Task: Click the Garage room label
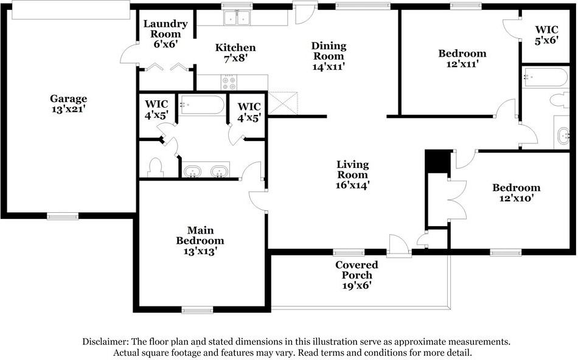coord(69,103)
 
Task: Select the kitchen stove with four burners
coord(229,82)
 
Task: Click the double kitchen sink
coord(237,18)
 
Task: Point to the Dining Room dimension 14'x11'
coord(329,67)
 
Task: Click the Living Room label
coord(353,170)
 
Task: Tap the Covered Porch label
coord(357,270)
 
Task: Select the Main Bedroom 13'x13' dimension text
coord(200,251)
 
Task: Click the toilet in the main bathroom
coord(155,168)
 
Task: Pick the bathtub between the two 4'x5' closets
coord(201,105)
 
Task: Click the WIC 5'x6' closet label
coord(547,35)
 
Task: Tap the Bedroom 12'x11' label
coord(462,58)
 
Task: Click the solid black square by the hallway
coord(437,161)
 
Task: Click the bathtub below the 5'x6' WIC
coord(546,77)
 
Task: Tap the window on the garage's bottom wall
coord(63,216)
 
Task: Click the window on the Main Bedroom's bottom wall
coord(197,310)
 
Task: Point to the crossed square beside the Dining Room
coord(283,103)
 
